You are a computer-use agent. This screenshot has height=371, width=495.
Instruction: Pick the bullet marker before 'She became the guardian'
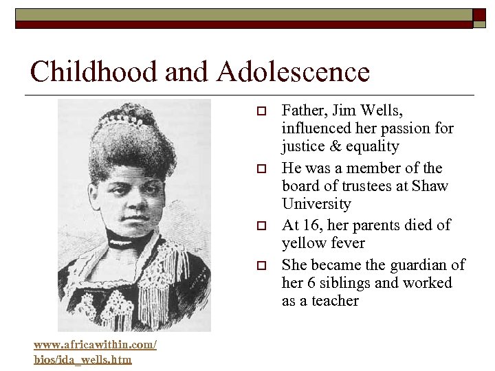(x=260, y=265)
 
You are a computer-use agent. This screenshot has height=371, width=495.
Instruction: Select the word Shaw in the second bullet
(x=432, y=186)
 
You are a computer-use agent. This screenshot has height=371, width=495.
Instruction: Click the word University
(x=316, y=204)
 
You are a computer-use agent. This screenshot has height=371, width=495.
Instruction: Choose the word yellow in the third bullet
(x=302, y=243)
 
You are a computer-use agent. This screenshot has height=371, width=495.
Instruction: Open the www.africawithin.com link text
(x=96, y=344)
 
